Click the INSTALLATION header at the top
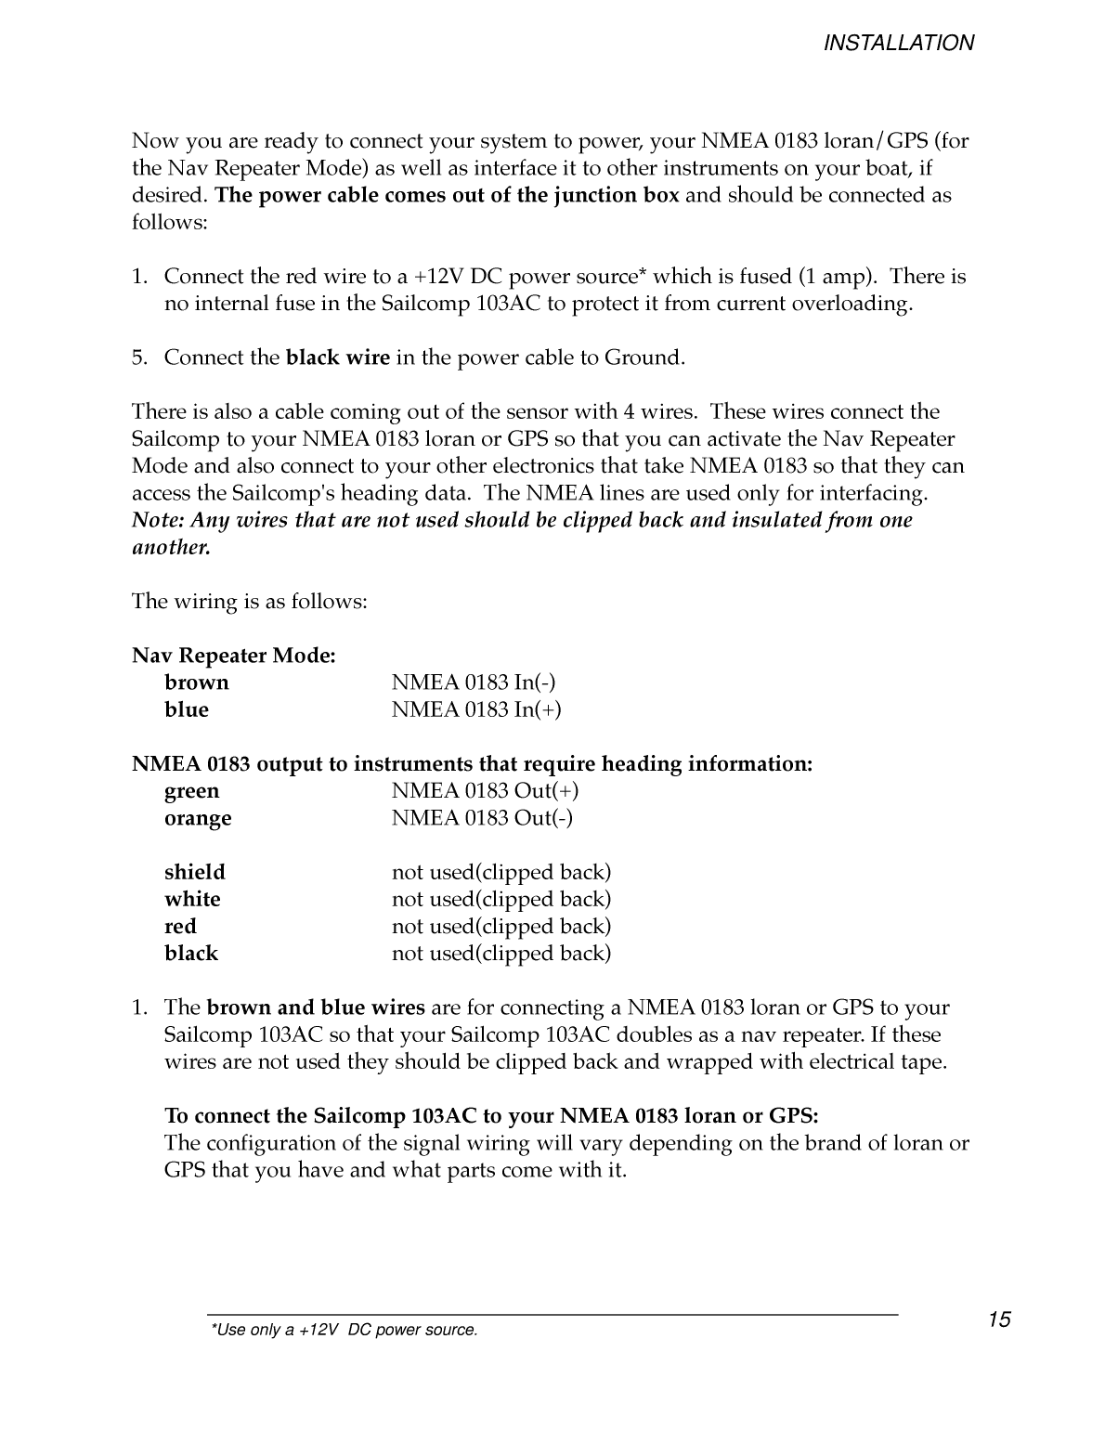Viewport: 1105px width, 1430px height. point(899,43)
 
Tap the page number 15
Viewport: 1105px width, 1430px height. point(999,1319)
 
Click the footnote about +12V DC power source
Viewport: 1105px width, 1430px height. point(344,1331)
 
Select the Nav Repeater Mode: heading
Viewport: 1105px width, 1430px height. point(234,656)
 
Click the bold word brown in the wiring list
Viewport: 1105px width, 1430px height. point(196,682)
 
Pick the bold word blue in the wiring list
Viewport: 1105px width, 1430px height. point(187,709)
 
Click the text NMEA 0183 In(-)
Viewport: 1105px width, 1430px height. point(474,682)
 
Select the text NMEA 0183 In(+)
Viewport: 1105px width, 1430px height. point(476,709)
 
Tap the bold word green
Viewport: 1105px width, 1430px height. point(192,791)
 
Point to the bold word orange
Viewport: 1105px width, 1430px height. point(198,818)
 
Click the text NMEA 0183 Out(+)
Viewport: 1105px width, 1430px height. point(485,791)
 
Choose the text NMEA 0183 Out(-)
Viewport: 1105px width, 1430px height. point(482,818)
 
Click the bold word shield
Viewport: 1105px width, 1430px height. point(195,872)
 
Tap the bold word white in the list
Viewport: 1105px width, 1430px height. point(192,899)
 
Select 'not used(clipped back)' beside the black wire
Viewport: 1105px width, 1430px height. point(501,953)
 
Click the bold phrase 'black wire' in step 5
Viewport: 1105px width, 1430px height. point(338,357)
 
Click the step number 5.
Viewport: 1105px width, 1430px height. point(138,357)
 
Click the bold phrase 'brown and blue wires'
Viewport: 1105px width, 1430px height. point(316,1007)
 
